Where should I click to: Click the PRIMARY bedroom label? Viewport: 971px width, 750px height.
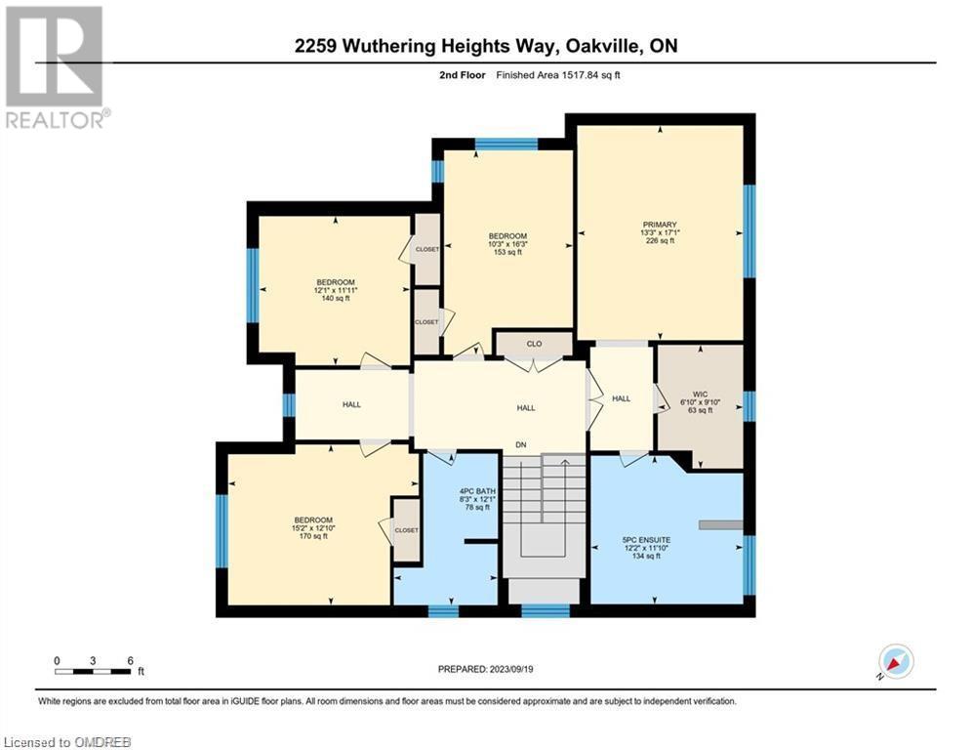tap(659, 224)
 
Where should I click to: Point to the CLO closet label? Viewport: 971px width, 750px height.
tap(534, 344)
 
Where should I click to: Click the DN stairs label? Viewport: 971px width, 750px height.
tap(522, 445)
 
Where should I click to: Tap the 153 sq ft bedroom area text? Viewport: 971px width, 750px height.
tap(507, 252)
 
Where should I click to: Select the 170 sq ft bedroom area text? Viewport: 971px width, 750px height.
tap(312, 535)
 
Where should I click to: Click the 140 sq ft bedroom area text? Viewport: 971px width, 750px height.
tap(335, 298)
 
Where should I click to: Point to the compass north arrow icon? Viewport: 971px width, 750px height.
tap(895, 661)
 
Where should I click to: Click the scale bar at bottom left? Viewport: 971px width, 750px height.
tap(94, 671)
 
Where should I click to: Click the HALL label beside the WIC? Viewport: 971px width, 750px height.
tap(622, 397)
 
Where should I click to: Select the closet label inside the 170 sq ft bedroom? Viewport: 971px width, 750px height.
tap(406, 530)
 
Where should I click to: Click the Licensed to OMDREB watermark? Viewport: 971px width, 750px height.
tap(66, 742)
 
